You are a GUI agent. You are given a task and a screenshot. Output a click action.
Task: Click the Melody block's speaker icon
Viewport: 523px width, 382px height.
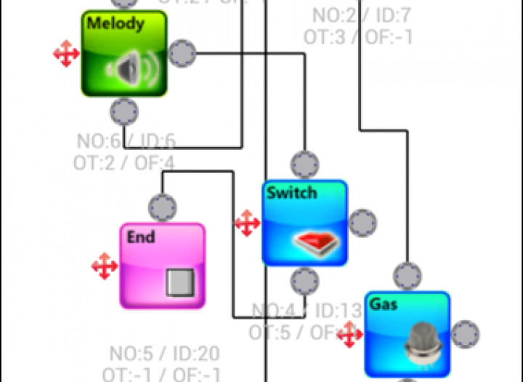[x=131, y=70]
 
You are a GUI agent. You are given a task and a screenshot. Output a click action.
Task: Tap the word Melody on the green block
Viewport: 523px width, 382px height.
[x=115, y=23]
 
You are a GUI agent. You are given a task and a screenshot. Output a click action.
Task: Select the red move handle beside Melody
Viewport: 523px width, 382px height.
[x=66, y=54]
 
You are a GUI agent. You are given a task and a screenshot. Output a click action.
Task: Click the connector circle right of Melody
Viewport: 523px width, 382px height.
[x=182, y=53]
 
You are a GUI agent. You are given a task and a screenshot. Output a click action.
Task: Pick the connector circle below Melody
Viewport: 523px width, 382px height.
[x=124, y=112]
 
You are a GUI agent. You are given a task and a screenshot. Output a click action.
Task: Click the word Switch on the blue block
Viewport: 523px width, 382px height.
[x=291, y=193]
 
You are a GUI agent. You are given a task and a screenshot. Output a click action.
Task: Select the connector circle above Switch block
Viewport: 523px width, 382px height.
[x=305, y=165]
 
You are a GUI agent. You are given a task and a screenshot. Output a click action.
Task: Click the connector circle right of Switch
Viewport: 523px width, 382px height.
[x=362, y=223]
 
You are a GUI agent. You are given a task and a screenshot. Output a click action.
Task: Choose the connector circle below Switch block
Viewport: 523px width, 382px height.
[x=305, y=281]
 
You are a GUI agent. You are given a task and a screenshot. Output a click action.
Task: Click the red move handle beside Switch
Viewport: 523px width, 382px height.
[x=247, y=223]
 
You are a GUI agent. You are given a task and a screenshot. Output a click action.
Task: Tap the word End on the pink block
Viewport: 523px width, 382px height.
[x=141, y=236]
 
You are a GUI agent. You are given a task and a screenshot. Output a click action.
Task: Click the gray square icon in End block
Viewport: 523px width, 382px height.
[x=179, y=282]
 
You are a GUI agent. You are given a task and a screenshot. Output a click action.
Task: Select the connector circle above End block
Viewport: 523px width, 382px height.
[x=162, y=207]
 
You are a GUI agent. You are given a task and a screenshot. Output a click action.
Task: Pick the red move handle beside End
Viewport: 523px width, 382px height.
[x=105, y=266]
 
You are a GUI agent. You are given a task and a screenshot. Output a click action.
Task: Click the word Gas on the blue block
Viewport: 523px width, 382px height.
[x=384, y=304]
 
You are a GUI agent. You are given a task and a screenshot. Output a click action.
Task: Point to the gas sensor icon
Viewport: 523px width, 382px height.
[x=421, y=342]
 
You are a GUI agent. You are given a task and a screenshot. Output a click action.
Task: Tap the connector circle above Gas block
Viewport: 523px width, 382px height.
[x=408, y=276]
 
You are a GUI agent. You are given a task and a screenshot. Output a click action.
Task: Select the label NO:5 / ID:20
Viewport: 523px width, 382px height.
[x=164, y=354]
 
